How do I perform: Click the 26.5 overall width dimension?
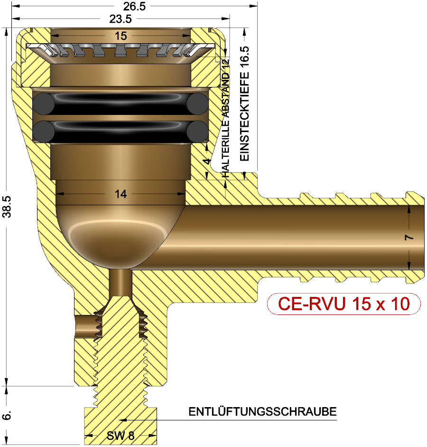[134, 6]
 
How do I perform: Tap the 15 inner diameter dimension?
[121, 36]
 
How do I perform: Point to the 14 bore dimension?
[121, 194]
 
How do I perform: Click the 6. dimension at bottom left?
[7, 416]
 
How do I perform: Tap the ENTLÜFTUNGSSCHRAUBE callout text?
[262, 411]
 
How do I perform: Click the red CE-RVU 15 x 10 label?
[343, 304]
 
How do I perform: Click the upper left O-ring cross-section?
[43, 103]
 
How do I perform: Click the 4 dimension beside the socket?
[206, 162]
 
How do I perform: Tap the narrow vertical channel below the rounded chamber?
[120, 281]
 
